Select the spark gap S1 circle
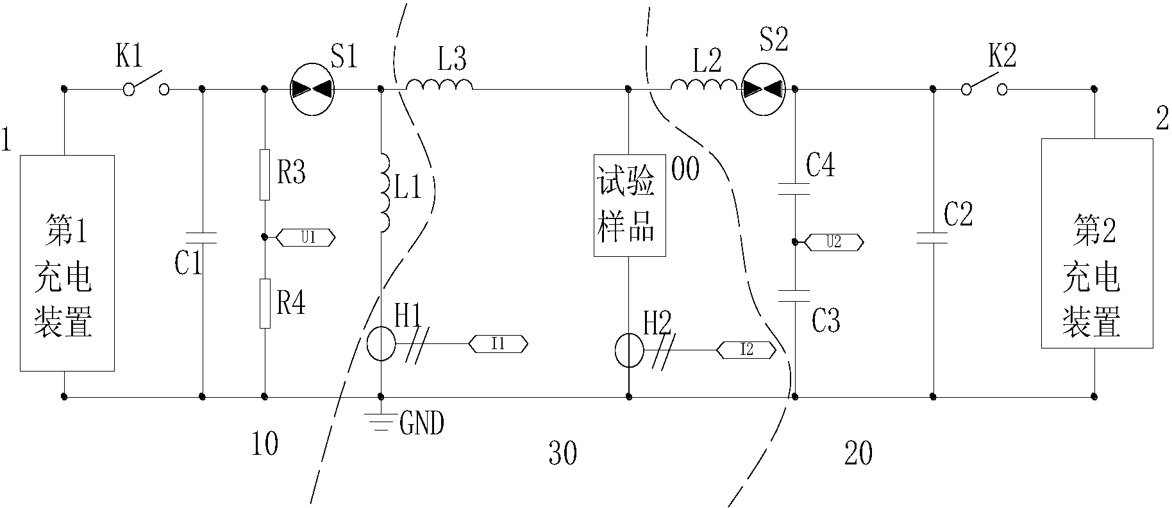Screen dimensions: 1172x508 pyautogui.click(x=312, y=90)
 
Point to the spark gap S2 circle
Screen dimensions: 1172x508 pyautogui.click(x=763, y=90)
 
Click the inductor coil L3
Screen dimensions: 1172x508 pyautogui.click(x=440, y=84)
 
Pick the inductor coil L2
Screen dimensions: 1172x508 pyautogui.click(x=704, y=84)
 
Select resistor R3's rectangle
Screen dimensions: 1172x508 pyautogui.click(x=265, y=175)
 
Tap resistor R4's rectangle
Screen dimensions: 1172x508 pyautogui.click(x=265, y=304)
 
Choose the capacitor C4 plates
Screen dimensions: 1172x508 pyautogui.click(x=794, y=189)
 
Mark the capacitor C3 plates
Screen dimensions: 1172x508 pyautogui.click(x=794, y=295)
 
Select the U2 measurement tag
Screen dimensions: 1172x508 pyautogui.click(x=833, y=242)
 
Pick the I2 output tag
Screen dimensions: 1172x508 pyautogui.click(x=746, y=350)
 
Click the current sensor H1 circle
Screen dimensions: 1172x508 pyautogui.click(x=381, y=345)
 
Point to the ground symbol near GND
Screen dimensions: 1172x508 pyautogui.click(x=381, y=419)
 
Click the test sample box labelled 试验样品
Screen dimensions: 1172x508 pyautogui.click(x=629, y=206)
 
